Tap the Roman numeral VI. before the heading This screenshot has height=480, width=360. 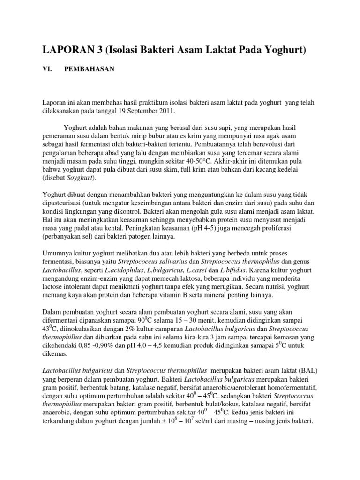47,69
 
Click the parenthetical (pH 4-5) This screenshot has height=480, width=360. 198,229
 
